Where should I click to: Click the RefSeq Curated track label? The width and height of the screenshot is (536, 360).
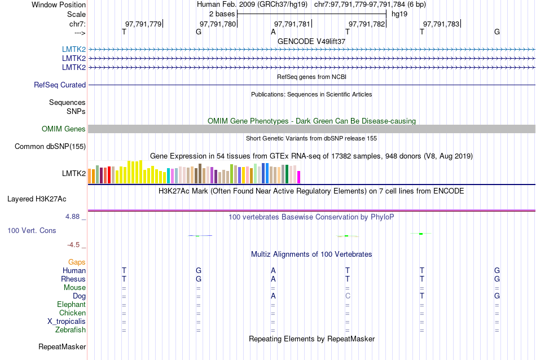tap(60, 85)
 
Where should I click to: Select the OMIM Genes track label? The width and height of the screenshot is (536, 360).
tap(64, 129)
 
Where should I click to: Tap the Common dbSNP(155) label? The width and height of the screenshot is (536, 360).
tap(50, 147)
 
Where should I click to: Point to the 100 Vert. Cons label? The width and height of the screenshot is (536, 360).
tap(32, 231)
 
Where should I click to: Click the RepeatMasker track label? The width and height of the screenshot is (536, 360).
tap(62, 346)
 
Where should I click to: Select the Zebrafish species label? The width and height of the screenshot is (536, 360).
tap(71, 330)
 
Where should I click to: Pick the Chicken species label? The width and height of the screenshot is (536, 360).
tap(72, 313)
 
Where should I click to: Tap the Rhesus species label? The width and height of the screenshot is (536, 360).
tap(73, 279)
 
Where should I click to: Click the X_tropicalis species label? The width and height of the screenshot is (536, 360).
tap(67, 321)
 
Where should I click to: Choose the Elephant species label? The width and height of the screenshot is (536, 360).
tap(71, 304)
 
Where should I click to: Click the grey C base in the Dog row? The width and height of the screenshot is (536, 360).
tap(348, 296)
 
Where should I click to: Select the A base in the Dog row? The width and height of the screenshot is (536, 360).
tap(273, 296)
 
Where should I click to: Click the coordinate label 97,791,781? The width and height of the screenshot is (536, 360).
tap(292, 24)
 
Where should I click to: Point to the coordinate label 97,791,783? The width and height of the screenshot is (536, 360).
tap(441, 24)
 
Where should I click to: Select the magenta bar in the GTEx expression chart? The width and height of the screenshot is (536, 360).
tap(299, 177)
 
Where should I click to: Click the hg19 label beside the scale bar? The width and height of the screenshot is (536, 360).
tap(399, 13)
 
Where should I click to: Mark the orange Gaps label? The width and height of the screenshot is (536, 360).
tap(77, 262)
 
